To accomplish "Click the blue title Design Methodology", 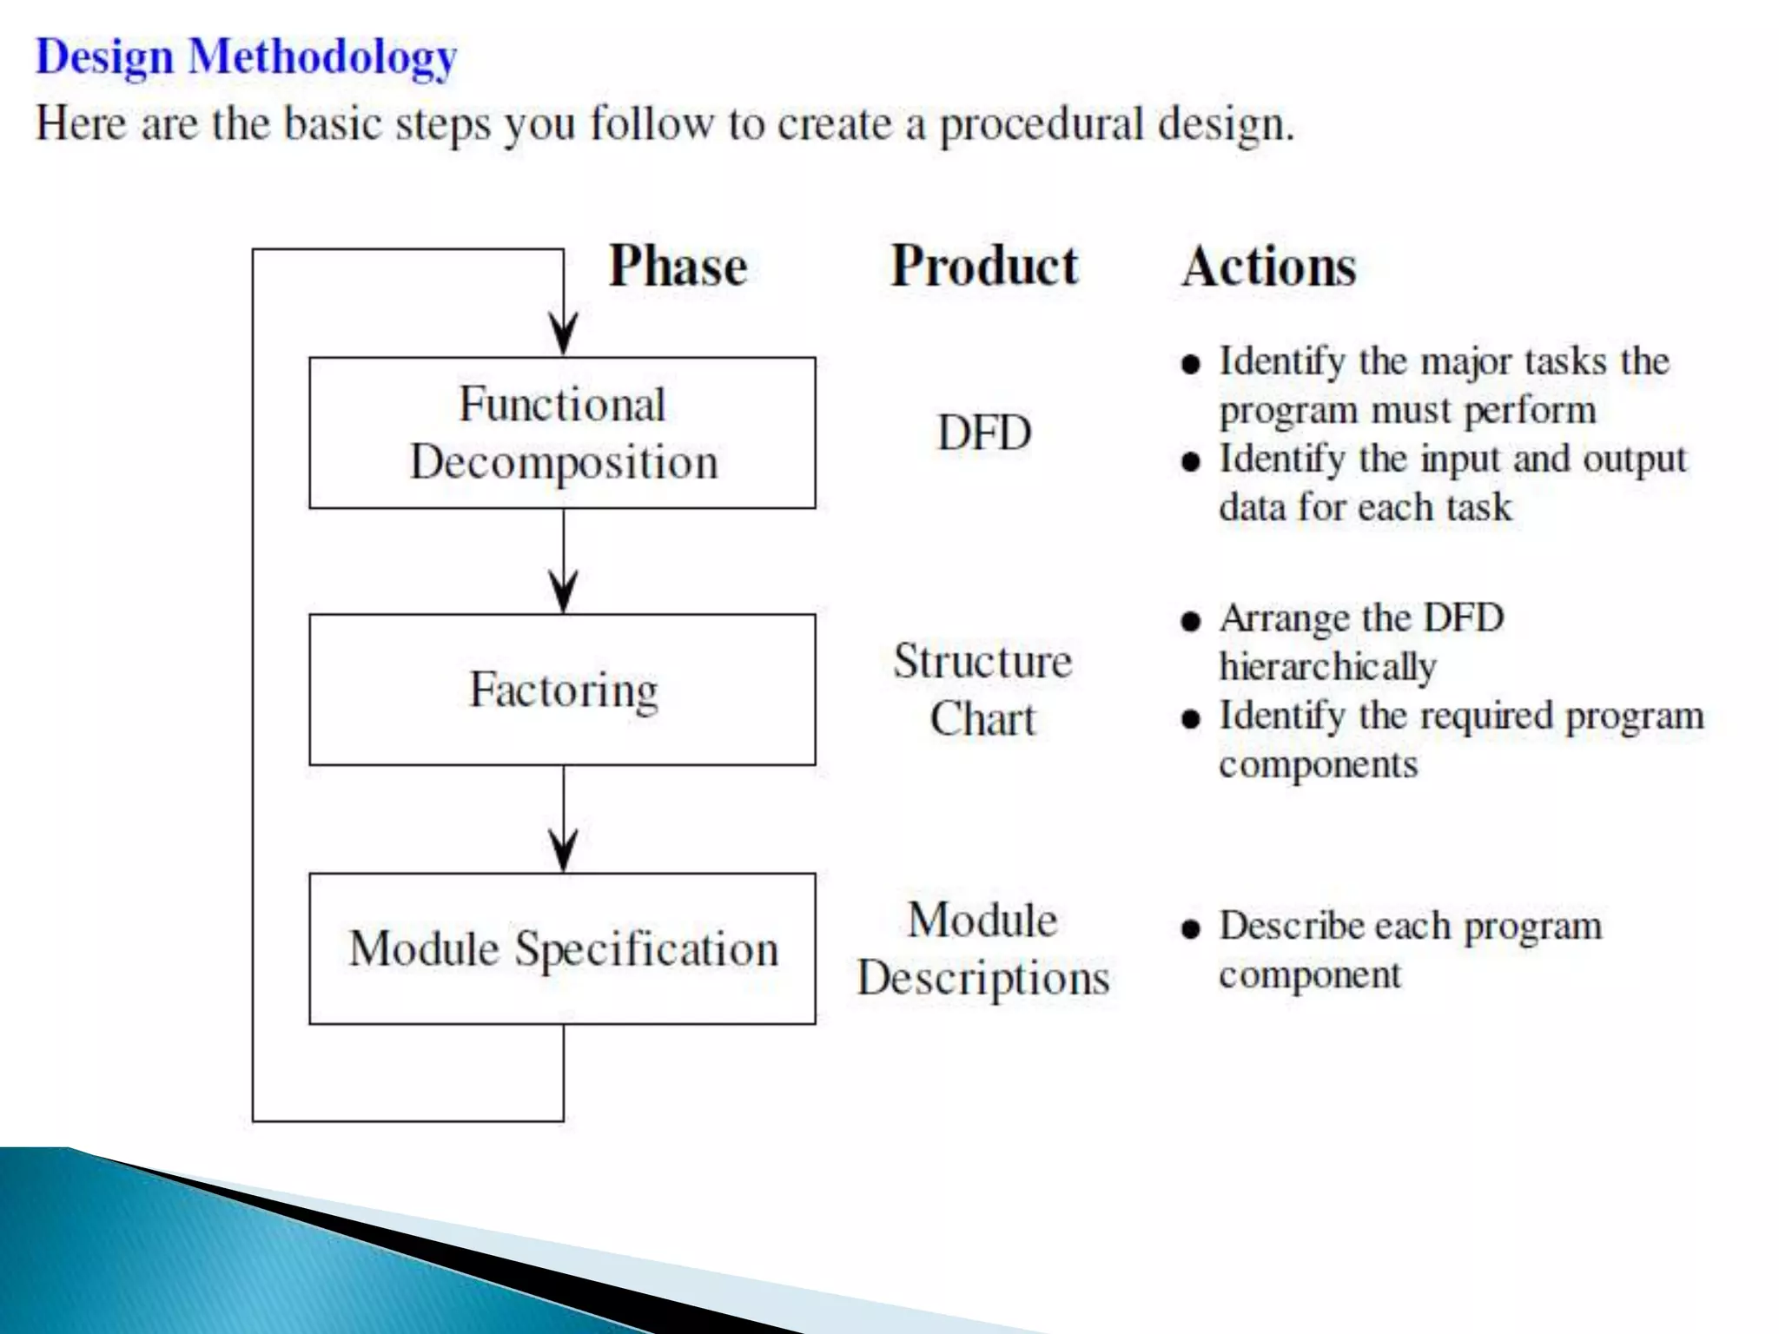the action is (x=246, y=57).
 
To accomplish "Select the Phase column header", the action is (x=678, y=266).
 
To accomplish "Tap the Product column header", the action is (x=984, y=266).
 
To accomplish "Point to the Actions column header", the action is (x=1268, y=267).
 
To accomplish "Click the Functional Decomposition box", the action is (x=562, y=433).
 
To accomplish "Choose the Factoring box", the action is (x=562, y=690).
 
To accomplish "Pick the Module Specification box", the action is (x=562, y=948).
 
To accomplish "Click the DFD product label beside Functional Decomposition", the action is (x=984, y=433).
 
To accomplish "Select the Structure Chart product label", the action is (x=982, y=690).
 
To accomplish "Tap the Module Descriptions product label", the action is (x=982, y=948).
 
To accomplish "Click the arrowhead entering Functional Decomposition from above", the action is (x=563, y=334).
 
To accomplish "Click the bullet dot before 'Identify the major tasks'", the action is (x=1191, y=364).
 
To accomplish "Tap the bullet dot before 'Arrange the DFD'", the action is (x=1191, y=621).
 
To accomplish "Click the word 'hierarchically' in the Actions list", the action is (x=1327, y=668).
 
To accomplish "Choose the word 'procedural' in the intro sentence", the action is (x=1041, y=124).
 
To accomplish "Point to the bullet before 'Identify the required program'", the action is (x=1191, y=719).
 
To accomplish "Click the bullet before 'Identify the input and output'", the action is (x=1191, y=461).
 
